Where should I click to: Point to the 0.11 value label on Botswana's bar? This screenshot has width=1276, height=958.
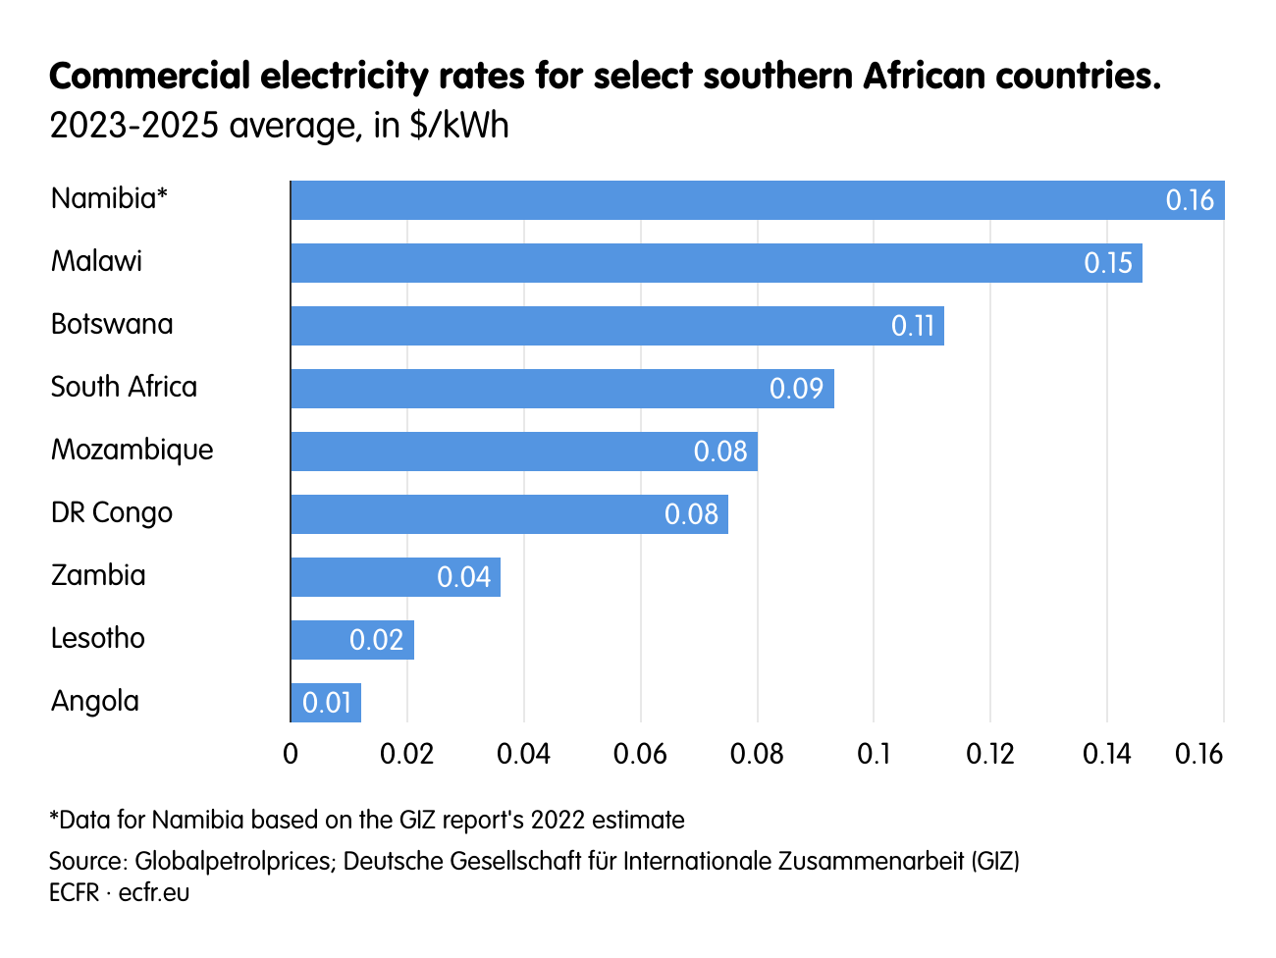coord(912,326)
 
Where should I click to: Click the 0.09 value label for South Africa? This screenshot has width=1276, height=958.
coord(795,389)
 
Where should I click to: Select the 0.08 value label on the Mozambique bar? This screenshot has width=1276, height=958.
coord(719,452)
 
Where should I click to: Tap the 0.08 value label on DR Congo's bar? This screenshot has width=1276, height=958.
coord(691,514)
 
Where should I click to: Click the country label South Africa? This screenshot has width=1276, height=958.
coord(124,387)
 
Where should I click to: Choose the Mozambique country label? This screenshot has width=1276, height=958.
coord(132,450)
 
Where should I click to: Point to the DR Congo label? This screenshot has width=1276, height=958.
coord(111,512)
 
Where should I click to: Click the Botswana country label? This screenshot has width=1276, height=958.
coord(111,324)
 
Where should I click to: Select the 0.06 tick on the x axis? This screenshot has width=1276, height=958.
coord(640,754)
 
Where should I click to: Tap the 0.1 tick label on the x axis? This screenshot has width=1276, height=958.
coord(874,754)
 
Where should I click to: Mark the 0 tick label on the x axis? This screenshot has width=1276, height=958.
coord(291,754)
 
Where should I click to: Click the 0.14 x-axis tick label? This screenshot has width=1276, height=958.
coord(1106,754)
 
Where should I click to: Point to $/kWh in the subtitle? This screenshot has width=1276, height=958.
coord(458,126)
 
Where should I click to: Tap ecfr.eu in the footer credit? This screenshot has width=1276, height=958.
coord(154,893)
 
